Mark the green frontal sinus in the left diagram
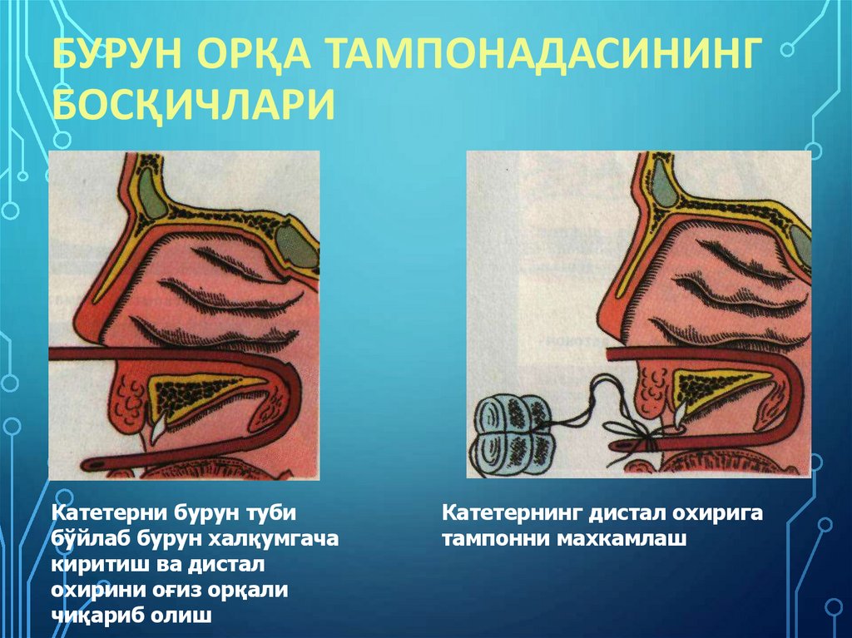152,193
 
